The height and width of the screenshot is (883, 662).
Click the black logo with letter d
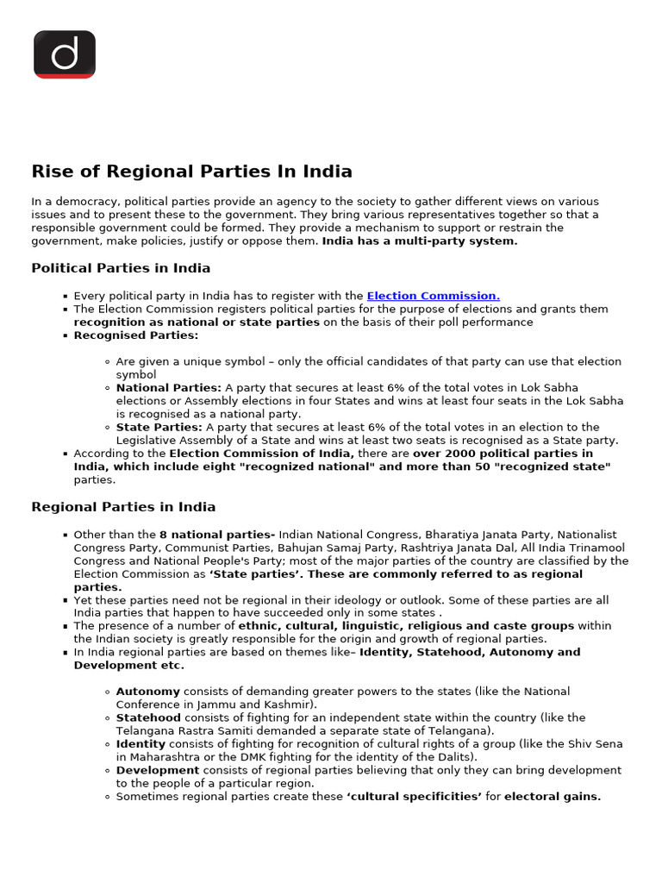[65, 54]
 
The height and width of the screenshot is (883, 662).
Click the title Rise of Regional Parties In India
[191, 172]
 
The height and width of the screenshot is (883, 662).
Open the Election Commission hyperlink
[433, 296]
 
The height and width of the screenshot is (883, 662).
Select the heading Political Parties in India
[121, 268]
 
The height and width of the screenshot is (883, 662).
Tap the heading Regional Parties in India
[123, 507]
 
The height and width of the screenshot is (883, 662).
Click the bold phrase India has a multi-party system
[420, 241]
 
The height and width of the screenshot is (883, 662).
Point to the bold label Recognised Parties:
[135, 335]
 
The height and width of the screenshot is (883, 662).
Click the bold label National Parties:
[169, 388]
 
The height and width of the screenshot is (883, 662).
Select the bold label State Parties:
[159, 427]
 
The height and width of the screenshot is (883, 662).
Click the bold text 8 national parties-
[217, 535]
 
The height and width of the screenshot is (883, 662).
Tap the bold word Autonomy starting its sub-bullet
[148, 692]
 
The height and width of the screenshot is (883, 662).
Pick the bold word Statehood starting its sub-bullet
[148, 717]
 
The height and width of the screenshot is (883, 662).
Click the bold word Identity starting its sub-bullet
[141, 743]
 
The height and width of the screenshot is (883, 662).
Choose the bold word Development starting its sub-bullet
[158, 770]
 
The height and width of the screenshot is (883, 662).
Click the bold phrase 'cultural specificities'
[414, 797]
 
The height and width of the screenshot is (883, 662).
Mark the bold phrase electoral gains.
[553, 797]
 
